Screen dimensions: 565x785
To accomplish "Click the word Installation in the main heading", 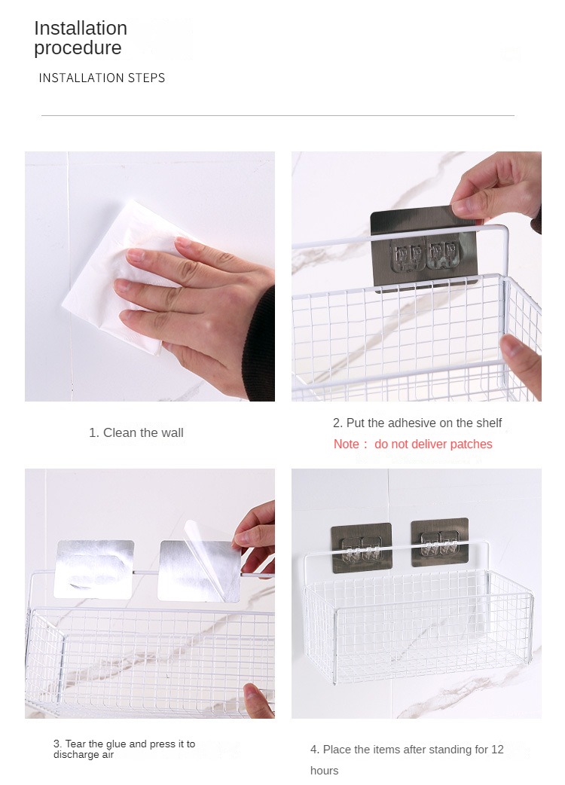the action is (x=81, y=28).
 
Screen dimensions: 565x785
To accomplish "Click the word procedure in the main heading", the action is (x=78, y=48).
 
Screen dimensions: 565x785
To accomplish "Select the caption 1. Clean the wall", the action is (x=136, y=432).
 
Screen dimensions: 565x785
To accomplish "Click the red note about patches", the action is (x=413, y=444).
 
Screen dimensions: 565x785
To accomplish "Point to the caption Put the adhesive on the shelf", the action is (x=424, y=423).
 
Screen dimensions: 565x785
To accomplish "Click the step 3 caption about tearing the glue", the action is (x=124, y=749).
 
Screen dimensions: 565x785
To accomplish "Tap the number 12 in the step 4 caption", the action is (x=497, y=750).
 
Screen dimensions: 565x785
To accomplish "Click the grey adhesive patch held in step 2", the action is (x=424, y=249).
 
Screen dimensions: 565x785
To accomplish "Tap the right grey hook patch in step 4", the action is (x=440, y=542).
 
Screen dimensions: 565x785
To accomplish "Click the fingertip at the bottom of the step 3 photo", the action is (x=258, y=700).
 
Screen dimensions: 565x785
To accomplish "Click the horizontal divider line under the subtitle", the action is (x=278, y=116).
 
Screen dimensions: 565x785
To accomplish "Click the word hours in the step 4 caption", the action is (x=324, y=771).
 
